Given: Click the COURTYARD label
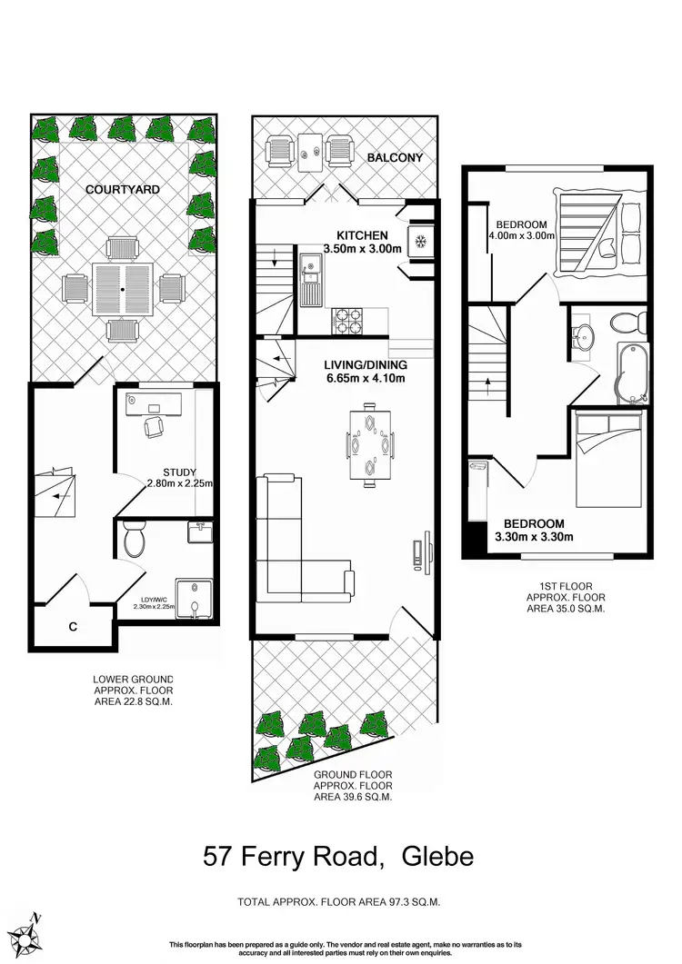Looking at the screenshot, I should (x=123, y=190).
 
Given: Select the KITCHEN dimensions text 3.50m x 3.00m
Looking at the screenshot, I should (x=362, y=248).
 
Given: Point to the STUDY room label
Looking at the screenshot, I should (x=180, y=472).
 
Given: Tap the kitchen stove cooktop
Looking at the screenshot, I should (x=349, y=320).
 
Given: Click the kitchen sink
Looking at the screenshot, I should (x=311, y=282).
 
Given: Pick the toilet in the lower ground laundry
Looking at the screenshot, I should (x=134, y=542).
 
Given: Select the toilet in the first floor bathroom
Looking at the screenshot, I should (x=627, y=322).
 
